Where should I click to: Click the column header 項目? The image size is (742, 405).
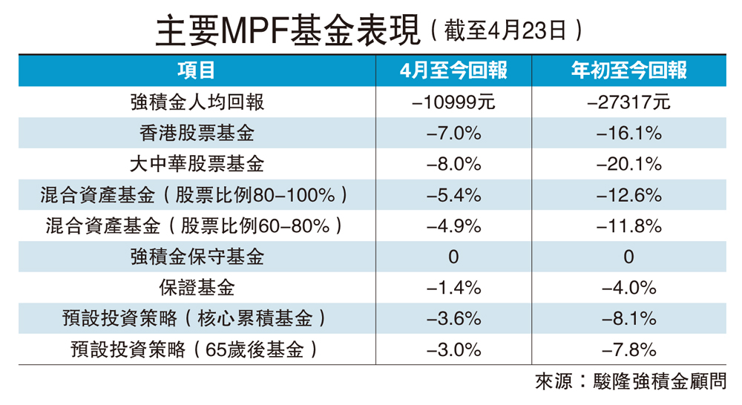click(197, 70)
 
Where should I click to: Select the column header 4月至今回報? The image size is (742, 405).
click(453, 70)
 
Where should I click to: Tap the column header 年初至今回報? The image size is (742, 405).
click(628, 70)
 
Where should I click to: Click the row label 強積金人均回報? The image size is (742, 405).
click(197, 102)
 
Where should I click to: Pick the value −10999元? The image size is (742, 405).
click(453, 102)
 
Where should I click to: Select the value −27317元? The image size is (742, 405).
click(628, 102)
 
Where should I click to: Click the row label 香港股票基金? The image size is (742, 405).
click(197, 133)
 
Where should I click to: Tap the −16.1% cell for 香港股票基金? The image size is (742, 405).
click(628, 133)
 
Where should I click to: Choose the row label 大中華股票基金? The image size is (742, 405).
click(197, 164)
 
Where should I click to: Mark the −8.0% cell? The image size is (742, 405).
click(453, 164)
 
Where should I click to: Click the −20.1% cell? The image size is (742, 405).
click(628, 164)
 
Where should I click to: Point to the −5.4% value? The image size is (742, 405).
click(453, 195)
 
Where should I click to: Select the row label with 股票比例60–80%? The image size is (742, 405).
click(197, 225)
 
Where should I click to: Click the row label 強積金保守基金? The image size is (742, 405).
click(197, 257)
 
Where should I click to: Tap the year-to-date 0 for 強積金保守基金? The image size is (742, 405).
click(628, 257)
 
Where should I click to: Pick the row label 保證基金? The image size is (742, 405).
click(197, 288)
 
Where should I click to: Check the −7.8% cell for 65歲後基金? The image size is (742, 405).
click(628, 349)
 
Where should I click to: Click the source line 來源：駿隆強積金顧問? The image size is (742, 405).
click(630, 383)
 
